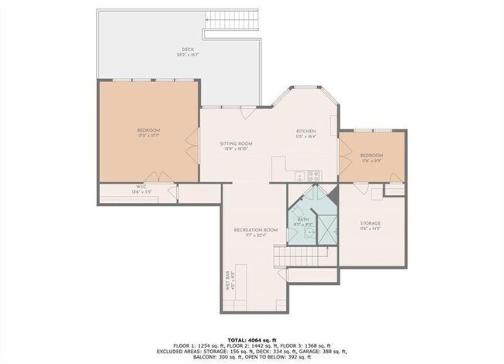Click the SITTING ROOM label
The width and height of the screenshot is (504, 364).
tap(236, 143)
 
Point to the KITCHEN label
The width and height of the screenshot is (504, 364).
tap(306, 131)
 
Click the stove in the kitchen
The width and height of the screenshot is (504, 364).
tap(313, 175)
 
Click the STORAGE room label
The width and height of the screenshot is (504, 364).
tap(371, 223)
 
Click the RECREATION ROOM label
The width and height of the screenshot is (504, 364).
tap(255, 230)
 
